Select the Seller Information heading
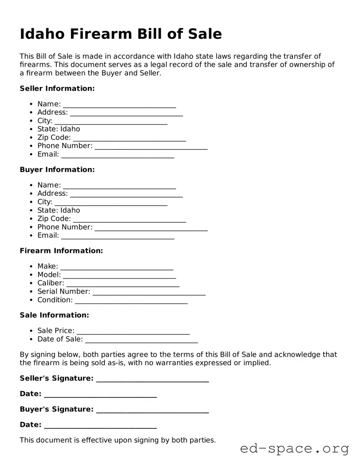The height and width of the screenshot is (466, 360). (x=57, y=89)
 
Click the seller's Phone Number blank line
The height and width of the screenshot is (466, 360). (x=151, y=147)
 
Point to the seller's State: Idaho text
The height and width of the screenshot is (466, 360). (x=58, y=129)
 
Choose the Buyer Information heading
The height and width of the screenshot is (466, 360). (x=57, y=170)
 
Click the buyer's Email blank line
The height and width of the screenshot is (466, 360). (x=117, y=237)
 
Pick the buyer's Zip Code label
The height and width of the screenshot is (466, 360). (x=54, y=219)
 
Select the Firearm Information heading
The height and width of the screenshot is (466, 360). (x=61, y=251)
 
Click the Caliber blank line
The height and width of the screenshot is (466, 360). (x=123, y=285)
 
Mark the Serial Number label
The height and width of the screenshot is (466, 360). (x=64, y=291)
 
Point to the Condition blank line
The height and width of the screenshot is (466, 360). (x=131, y=302)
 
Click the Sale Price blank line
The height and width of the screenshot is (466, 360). (x=133, y=332)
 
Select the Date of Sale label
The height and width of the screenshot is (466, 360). (x=60, y=339)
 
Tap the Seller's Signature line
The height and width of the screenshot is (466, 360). (x=152, y=380)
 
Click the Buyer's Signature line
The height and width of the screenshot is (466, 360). (x=152, y=411)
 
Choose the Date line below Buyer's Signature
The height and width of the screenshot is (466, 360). (x=100, y=426)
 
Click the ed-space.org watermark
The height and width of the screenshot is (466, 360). (x=294, y=449)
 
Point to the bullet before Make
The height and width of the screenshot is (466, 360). (x=32, y=267)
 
